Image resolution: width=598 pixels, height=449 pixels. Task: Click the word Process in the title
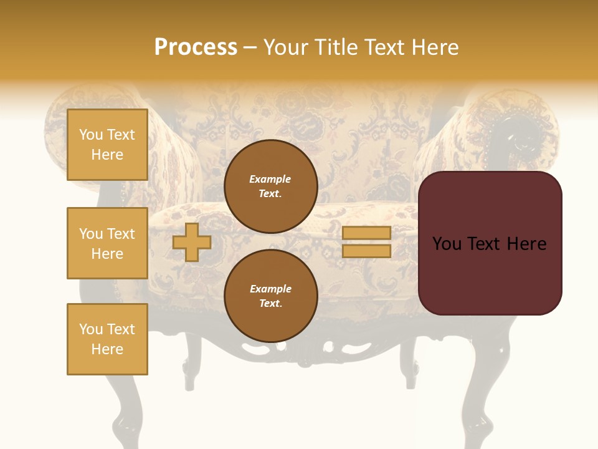point(196,47)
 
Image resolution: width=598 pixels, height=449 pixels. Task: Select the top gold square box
point(107,145)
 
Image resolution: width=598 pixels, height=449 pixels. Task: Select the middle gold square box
point(107,243)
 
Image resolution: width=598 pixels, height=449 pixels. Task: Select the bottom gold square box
point(107,339)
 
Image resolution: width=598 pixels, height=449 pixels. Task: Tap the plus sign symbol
point(192,242)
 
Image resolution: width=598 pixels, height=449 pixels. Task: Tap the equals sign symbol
point(366,242)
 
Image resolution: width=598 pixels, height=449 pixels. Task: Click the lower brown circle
point(271,296)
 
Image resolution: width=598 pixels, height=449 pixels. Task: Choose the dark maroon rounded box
point(490,243)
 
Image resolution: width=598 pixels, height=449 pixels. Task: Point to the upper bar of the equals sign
point(366,233)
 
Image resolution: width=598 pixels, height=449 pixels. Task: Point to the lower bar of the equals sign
point(366,251)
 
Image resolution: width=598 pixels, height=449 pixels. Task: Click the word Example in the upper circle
point(270,179)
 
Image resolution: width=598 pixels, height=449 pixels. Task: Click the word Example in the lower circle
point(270,289)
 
